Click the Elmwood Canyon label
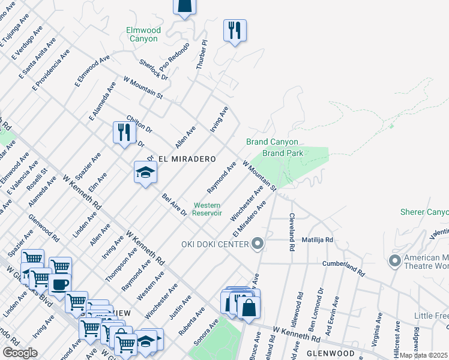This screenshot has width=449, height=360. [142, 34]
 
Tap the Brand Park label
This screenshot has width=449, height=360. [283, 153]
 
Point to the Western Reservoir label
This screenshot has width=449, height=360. [208, 209]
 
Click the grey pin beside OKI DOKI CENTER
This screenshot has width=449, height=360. [258, 244]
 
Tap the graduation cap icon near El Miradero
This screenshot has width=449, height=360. [145, 173]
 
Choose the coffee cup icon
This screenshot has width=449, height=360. [59, 284]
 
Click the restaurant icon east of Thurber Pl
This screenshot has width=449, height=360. [234, 29]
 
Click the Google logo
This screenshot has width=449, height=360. [20, 353]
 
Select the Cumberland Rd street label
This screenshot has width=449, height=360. [343, 268]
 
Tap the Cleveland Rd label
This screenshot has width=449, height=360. [292, 232]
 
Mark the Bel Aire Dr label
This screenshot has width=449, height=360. [174, 206]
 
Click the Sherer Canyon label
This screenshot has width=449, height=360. [424, 212]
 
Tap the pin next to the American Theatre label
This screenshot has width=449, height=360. [394, 261]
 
